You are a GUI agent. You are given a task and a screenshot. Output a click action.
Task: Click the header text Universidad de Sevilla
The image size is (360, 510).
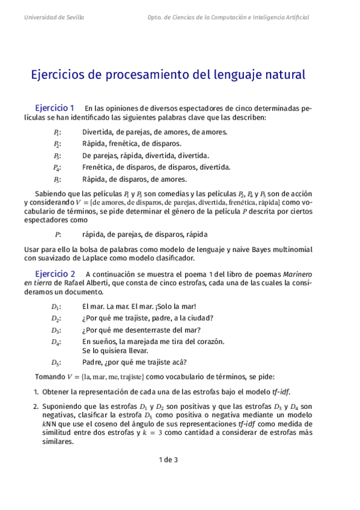(54, 17)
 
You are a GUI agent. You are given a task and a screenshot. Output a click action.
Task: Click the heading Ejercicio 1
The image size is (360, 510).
(55, 108)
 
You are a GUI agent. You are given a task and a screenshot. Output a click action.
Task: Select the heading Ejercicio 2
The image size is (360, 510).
(55, 273)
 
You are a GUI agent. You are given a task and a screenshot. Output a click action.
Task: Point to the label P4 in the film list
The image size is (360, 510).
(56, 167)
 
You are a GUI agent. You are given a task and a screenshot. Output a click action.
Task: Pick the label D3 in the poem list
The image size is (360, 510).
(56, 330)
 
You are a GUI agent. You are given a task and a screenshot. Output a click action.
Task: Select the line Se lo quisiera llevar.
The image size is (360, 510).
(115, 351)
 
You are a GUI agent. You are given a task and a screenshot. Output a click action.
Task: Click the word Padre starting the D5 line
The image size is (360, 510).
(92, 362)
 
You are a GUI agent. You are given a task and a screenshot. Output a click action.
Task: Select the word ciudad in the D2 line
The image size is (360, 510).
(198, 318)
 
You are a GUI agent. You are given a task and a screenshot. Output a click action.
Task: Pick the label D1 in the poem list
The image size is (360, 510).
(56, 307)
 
